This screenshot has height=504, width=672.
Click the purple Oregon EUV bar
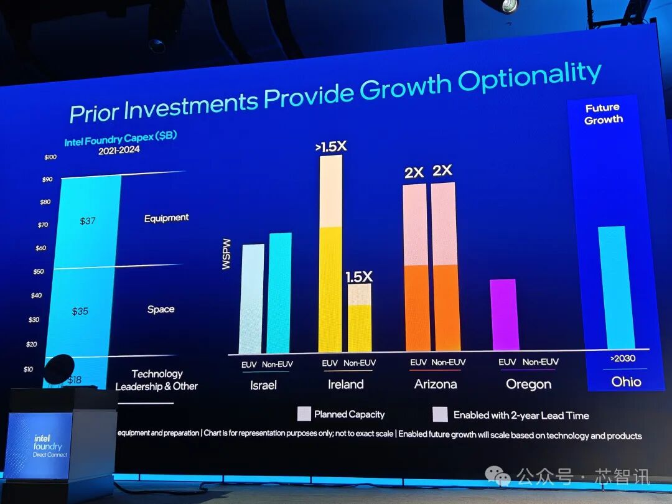pyautogui.click(x=503, y=314)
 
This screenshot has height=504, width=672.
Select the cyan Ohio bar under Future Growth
pyautogui.click(x=616, y=287)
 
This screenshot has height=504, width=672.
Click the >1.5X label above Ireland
pyautogui.click(x=330, y=147)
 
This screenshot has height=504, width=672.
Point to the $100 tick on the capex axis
pyautogui.click(x=50, y=157)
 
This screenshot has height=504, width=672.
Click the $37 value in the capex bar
pyautogui.click(x=87, y=221)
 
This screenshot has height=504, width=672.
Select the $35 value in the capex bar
pyautogui.click(x=80, y=311)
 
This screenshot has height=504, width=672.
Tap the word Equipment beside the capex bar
pyautogui.click(x=166, y=218)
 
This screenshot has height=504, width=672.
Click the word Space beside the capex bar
pyautogui.click(x=161, y=309)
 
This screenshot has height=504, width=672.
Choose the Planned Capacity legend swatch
pyautogui.click(x=304, y=414)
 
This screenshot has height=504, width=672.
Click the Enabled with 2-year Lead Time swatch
pyautogui.click(x=441, y=414)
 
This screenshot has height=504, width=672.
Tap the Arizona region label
pyautogui.click(x=436, y=385)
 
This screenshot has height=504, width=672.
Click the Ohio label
pyautogui.click(x=625, y=382)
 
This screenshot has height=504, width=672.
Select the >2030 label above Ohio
pyautogui.click(x=622, y=359)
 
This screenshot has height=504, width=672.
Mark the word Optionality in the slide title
pyautogui.click(x=530, y=79)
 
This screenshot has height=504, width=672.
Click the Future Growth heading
pyautogui.click(x=603, y=114)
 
